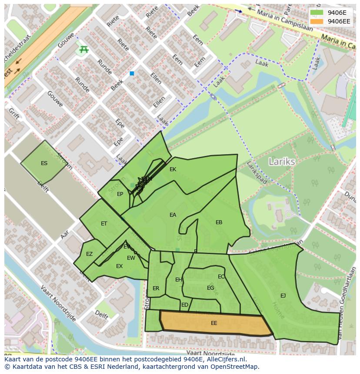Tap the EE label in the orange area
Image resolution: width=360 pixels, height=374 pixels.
(x=214, y=323)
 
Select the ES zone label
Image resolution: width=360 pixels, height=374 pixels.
(x=44, y=163)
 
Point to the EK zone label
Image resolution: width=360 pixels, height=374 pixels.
(x=173, y=169)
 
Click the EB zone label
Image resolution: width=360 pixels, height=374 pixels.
(x=219, y=222)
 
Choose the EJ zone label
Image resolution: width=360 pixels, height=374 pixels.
(x=283, y=296)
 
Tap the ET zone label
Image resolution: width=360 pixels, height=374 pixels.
(x=104, y=224)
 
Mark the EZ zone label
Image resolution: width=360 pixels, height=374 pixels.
(x=89, y=254)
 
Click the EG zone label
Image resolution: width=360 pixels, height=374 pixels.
(x=210, y=288)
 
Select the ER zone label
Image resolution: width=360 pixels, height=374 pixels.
(x=156, y=288)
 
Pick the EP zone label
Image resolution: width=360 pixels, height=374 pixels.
(x=120, y=194)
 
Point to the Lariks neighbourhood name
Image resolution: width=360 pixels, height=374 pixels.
(x=282, y=162)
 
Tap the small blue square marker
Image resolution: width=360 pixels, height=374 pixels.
(x=132, y=74)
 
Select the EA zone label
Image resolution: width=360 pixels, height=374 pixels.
(x=173, y=215)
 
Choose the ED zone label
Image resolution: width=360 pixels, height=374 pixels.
(x=185, y=305)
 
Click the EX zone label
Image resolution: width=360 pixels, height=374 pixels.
(x=119, y=266)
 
